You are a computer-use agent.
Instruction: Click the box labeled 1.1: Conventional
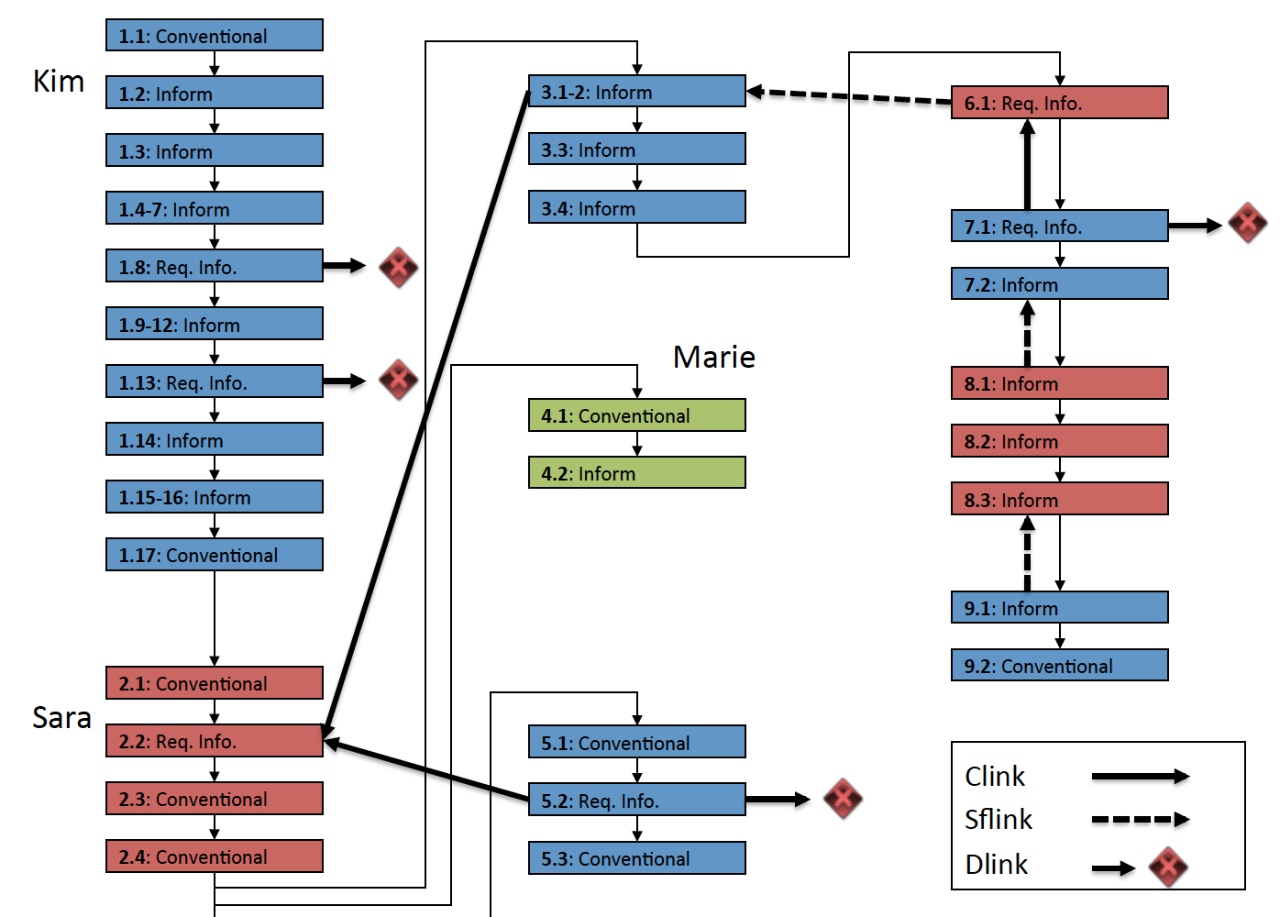pyautogui.click(x=215, y=36)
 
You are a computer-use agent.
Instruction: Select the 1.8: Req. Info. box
pyautogui.click(x=215, y=267)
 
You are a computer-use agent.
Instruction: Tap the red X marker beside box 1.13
pyautogui.click(x=399, y=380)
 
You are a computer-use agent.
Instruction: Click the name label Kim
pyautogui.click(x=59, y=82)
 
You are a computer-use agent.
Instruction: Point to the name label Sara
pyautogui.click(x=61, y=718)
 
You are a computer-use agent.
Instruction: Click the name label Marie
pyautogui.click(x=714, y=357)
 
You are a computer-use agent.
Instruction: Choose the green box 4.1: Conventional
pyautogui.click(x=637, y=415)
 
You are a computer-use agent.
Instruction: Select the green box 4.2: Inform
pyautogui.click(x=637, y=473)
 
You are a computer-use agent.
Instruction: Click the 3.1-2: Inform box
pyautogui.click(x=637, y=92)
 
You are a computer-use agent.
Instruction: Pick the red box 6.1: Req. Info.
pyautogui.click(x=1060, y=103)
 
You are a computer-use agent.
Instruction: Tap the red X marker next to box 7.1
pyautogui.click(x=1248, y=223)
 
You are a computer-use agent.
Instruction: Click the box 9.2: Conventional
pyautogui.click(x=1060, y=666)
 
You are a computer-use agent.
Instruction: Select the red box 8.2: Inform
pyautogui.click(x=1060, y=441)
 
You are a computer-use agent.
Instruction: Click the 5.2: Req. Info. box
pyautogui.click(x=637, y=801)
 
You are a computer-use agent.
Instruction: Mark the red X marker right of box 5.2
pyautogui.click(x=843, y=799)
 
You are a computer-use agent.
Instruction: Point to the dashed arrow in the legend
pyautogui.click(x=1140, y=820)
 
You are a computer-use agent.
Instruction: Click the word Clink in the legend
pyautogui.click(x=995, y=777)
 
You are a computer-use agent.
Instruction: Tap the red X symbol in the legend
pyautogui.click(x=1169, y=867)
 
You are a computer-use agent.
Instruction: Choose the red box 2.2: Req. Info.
pyautogui.click(x=215, y=741)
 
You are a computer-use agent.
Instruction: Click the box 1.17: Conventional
pyautogui.click(x=215, y=555)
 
